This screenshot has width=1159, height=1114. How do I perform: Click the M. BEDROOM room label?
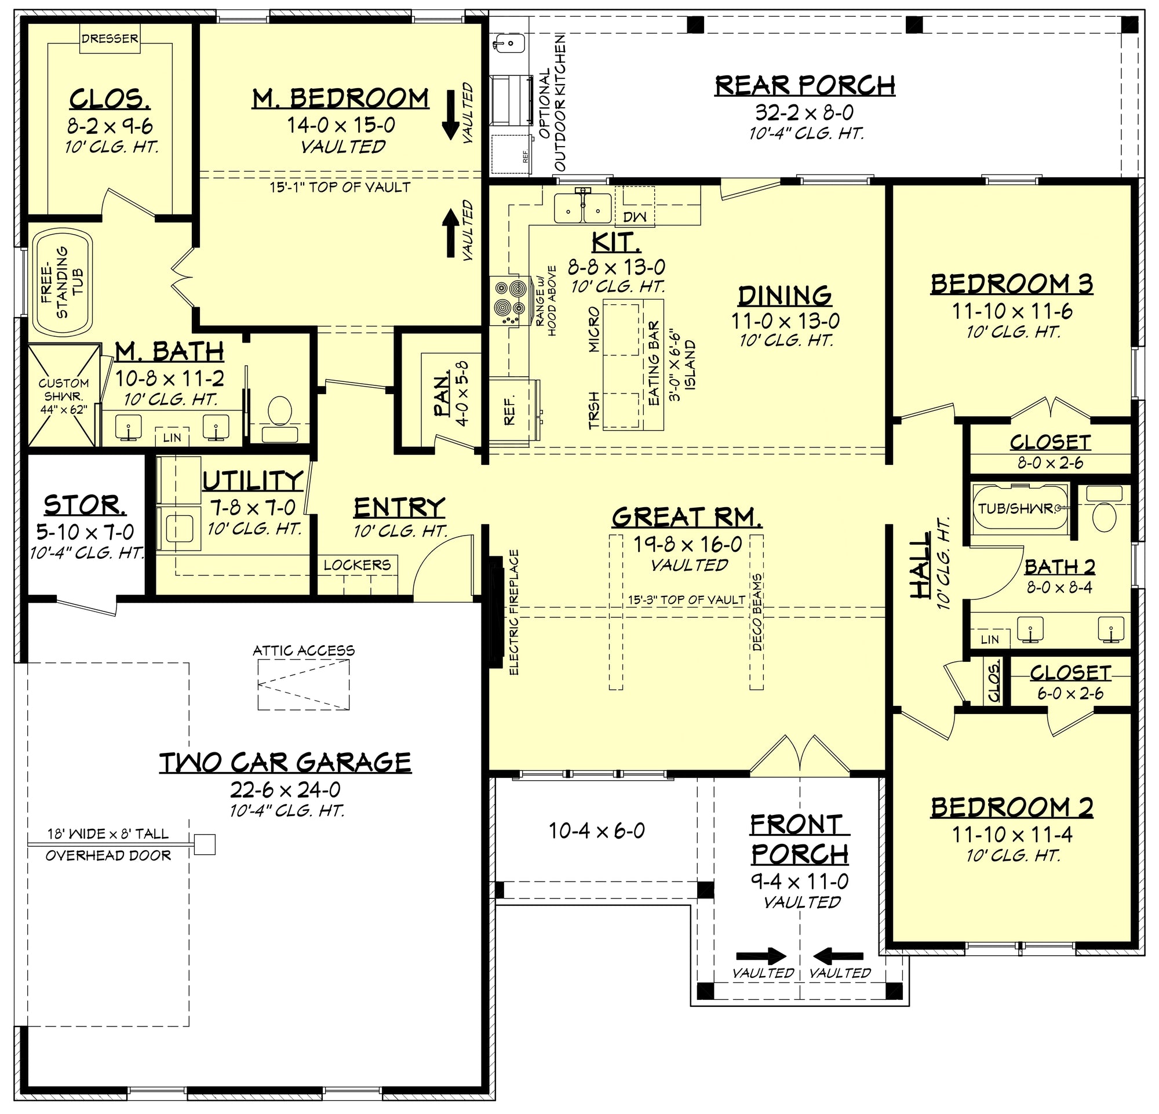click(x=341, y=98)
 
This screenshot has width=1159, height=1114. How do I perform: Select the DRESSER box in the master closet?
click(x=110, y=39)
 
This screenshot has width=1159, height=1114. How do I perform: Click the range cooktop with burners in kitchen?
click(x=511, y=301)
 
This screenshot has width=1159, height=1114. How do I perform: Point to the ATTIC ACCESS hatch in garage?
click(x=302, y=685)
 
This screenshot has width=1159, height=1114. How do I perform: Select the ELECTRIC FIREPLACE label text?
click(x=514, y=612)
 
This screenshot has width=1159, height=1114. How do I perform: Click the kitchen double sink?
click(x=583, y=206)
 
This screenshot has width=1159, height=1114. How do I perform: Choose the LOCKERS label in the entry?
click(x=357, y=565)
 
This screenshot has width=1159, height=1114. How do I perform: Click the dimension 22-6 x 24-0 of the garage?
click(x=286, y=789)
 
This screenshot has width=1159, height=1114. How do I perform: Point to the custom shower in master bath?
click(x=63, y=395)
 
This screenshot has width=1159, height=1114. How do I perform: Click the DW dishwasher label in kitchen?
click(x=635, y=217)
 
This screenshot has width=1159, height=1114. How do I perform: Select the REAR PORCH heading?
click(x=804, y=86)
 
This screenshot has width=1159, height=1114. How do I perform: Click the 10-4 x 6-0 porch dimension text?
click(x=597, y=831)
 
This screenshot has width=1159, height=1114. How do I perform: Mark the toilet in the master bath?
click(x=280, y=416)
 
